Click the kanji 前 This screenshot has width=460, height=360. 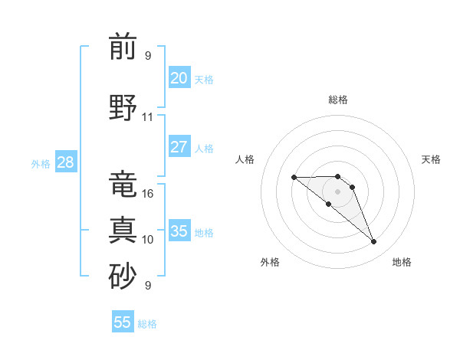point(123,47)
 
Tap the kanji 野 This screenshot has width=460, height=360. point(123,108)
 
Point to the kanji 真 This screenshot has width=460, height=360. point(123,231)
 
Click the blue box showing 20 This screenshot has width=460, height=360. point(179,78)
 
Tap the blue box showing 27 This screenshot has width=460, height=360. point(179,147)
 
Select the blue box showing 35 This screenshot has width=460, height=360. point(179,231)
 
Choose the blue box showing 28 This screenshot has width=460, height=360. point(64,162)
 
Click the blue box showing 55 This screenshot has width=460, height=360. point(123,322)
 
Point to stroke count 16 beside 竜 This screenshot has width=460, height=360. point(148,194)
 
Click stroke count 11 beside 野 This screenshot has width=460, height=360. point(148,117)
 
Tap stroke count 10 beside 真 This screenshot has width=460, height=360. point(148,240)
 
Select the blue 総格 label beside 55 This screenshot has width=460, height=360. point(147,324)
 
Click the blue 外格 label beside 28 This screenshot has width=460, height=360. point(41,163)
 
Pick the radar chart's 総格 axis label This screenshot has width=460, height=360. point(337,100)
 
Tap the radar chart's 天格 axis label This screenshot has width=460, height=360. point(431,159)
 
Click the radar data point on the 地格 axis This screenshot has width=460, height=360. point(374,242)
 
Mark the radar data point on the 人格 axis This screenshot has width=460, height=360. point(294,177)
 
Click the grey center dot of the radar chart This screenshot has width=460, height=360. point(337,191)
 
